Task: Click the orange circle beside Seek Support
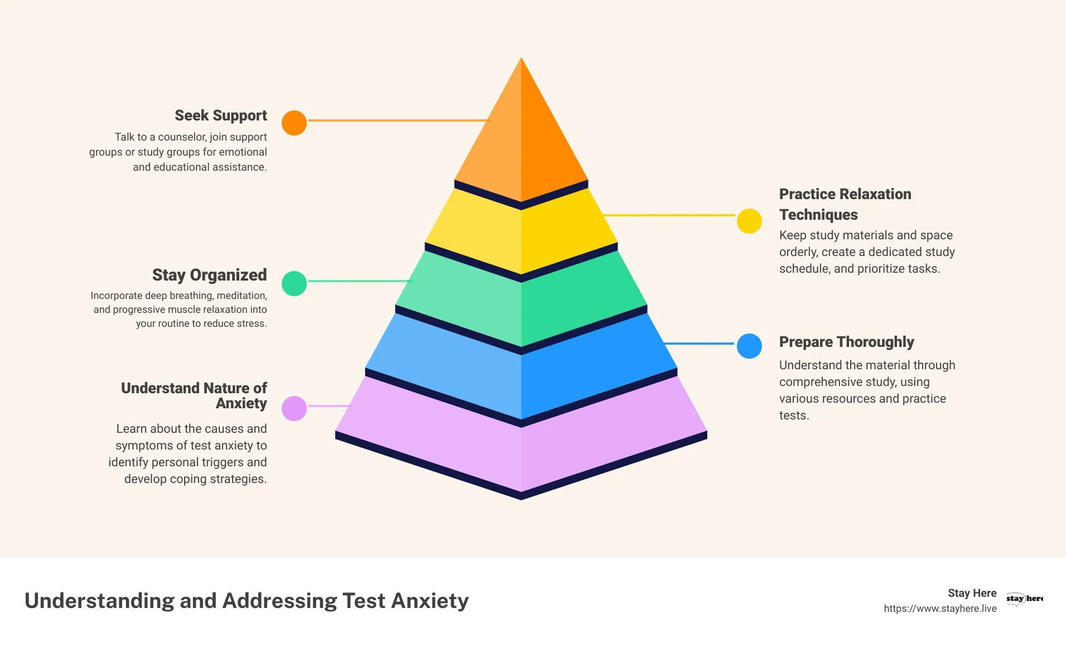pos(294,123)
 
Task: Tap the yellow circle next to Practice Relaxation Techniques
pos(749,221)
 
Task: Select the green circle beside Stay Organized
pos(294,283)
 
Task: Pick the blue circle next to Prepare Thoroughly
pos(749,346)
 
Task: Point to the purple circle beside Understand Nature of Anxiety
pos(294,408)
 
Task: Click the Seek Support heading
pos(220,115)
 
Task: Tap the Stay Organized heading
pos(209,275)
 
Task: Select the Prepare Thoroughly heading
pos(846,342)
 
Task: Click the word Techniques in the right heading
pos(818,215)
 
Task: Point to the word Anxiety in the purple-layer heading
pos(241,403)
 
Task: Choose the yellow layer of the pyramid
pos(521,234)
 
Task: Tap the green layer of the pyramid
pos(521,301)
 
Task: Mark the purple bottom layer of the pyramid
pos(521,446)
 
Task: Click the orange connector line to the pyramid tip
pos(398,120)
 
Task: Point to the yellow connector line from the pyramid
pos(669,215)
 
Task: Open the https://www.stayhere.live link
pos(940,609)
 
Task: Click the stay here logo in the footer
pos(1024,598)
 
